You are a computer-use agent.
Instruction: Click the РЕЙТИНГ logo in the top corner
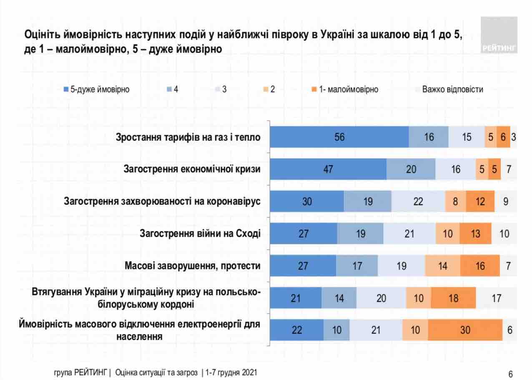[499, 35]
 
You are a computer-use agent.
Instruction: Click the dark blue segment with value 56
[339, 137]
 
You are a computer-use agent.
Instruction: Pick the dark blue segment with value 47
[328, 169]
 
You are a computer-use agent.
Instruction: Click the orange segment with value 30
[465, 330]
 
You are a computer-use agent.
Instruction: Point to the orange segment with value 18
[453, 298]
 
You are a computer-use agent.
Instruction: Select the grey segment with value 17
[496, 298]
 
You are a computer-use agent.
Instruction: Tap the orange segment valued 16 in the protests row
[480, 266]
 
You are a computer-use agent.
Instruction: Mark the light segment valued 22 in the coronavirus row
[418, 202]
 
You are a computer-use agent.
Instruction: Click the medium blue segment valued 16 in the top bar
[429, 137]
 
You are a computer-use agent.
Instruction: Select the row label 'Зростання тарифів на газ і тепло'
[188, 137]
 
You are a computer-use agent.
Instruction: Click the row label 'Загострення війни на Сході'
[200, 233]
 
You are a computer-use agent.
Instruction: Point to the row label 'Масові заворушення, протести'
[193, 266]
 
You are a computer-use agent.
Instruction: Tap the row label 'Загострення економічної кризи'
[192, 169]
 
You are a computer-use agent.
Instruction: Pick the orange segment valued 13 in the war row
[475, 234]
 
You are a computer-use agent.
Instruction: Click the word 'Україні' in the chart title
[337, 35]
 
